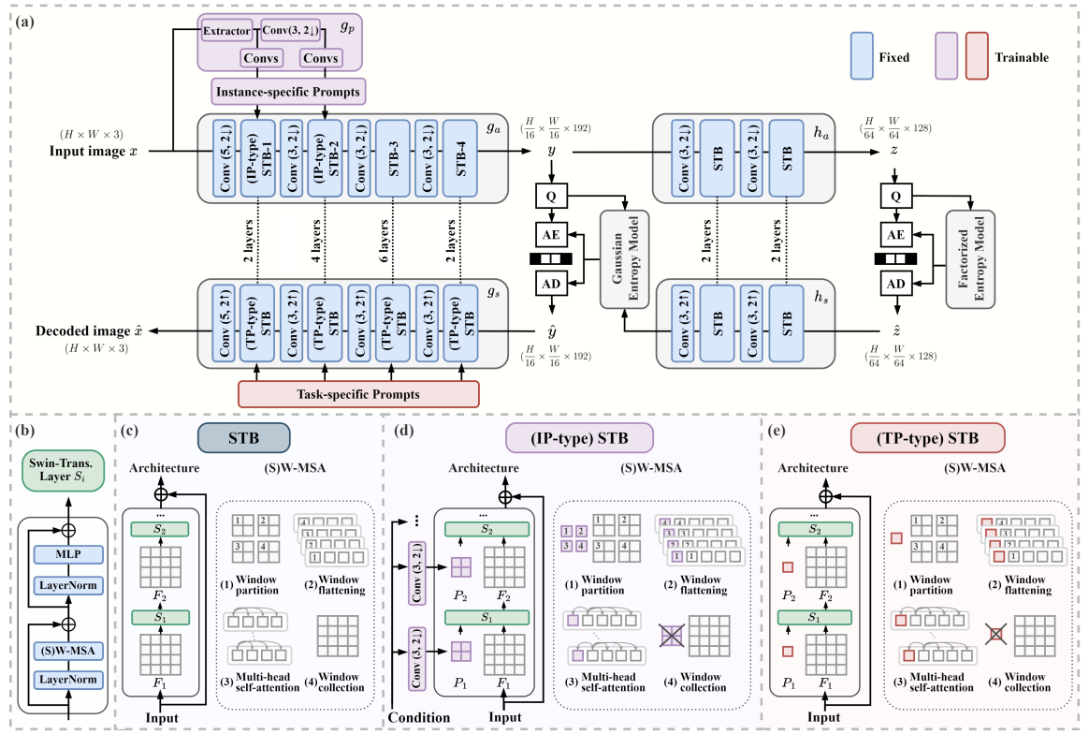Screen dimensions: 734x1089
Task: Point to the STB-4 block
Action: [460, 159]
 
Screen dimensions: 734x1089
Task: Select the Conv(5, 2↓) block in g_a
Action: [225, 159]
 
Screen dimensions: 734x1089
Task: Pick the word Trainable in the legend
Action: [1022, 58]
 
